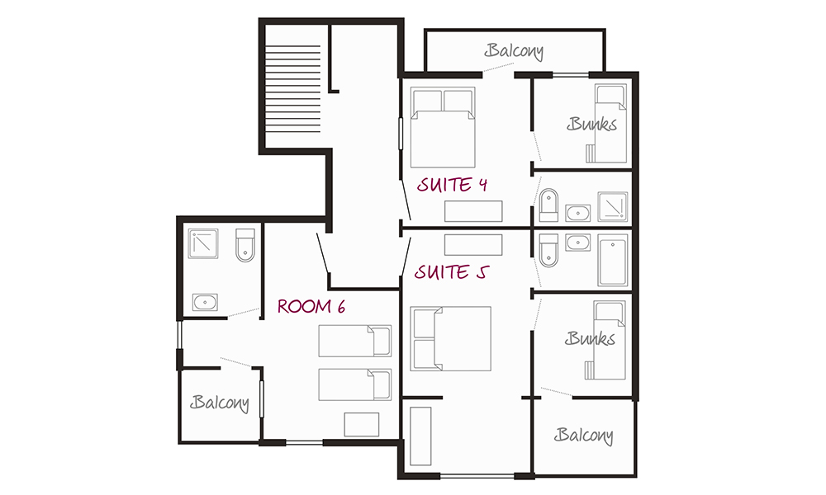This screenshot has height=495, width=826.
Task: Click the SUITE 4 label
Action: tap(452, 185)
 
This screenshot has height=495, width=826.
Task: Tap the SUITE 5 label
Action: tap(452, 272)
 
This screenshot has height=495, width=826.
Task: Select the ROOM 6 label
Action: tap(311, 306)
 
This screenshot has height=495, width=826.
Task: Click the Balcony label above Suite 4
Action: tap(514, 51)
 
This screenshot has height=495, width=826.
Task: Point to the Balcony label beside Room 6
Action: tap(219, 403)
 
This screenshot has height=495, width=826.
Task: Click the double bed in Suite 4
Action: tap(443, 127)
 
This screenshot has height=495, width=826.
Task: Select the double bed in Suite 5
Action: tap(451, 339)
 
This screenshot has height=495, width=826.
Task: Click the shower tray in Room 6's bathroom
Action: tap(203, 243)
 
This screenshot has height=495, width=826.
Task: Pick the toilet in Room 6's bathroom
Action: tap(245, 245)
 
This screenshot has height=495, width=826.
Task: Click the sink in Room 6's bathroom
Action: tap(205, 303)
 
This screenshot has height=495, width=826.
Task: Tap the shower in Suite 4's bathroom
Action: tap(613, 206)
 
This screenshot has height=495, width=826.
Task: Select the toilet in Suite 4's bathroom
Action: tap(549, 205)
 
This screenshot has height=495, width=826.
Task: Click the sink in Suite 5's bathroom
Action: tap(578, 243)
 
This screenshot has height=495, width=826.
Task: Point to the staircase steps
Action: tap(293, 89)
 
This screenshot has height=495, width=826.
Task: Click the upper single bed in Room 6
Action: tap(355, 341)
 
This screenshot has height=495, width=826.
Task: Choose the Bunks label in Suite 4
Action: tap(592, 124)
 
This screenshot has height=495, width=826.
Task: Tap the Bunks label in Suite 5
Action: tap(590, 339)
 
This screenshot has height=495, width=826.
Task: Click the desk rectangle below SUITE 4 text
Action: tap(473, 211)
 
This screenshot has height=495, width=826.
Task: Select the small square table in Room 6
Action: tap(362, 425)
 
